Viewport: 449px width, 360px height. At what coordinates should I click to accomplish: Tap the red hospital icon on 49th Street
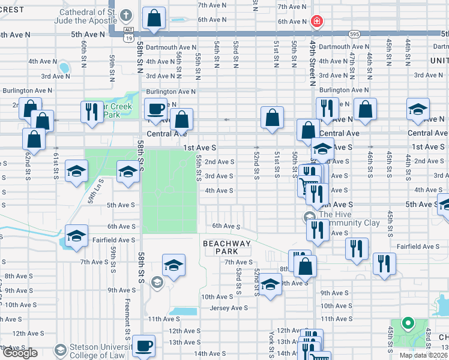coord(317,22)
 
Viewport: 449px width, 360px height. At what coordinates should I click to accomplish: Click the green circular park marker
coord(408,323)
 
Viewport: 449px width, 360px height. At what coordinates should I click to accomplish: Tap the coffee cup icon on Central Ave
coord(157,109)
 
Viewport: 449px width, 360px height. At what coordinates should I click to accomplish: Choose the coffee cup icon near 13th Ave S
coord(145,346)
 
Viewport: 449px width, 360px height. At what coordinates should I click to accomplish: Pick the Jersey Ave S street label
coord(229,308)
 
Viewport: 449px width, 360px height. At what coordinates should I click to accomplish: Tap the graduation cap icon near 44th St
coord(418,109)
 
